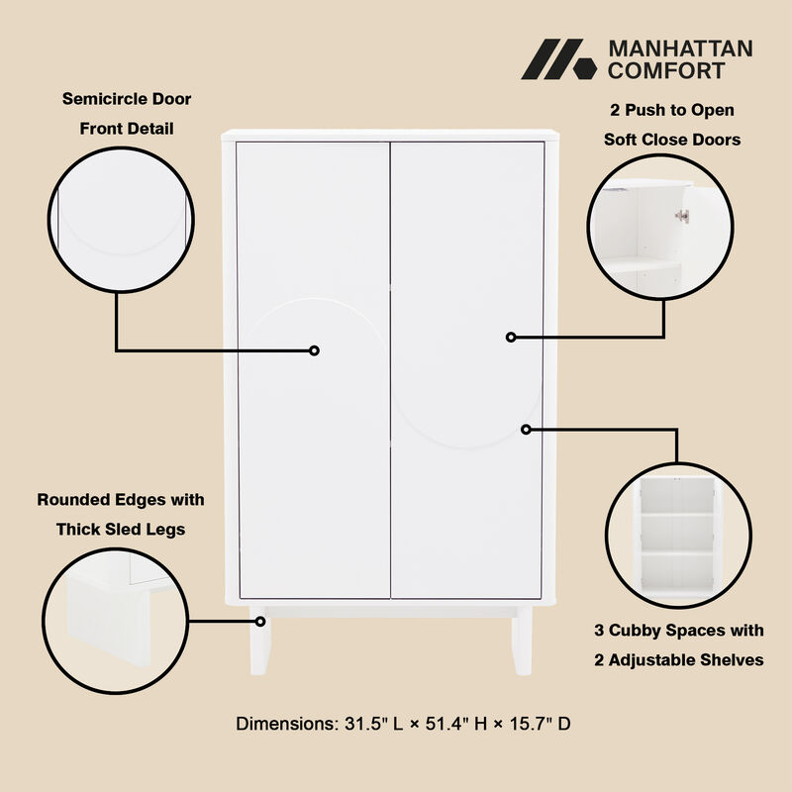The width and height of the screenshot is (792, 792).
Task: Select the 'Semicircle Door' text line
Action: point(127,99)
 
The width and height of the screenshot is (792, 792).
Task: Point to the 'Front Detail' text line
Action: point(127,129)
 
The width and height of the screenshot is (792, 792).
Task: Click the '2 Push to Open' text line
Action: point(671,110)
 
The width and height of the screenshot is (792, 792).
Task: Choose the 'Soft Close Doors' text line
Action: point(671,140)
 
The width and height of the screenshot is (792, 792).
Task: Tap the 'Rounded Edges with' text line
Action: point(120,500)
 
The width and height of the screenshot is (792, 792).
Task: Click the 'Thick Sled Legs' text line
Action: point(120,530)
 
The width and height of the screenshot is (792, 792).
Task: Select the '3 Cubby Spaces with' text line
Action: point(678,631)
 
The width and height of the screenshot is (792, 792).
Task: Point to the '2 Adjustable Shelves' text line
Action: point(678,660)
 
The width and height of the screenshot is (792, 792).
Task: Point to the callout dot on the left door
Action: point(314,350)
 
